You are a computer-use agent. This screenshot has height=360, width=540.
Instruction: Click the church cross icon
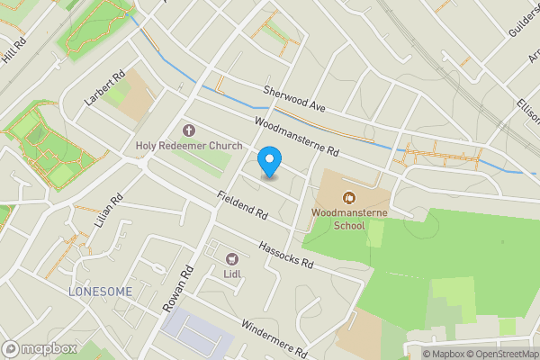coord(188,130)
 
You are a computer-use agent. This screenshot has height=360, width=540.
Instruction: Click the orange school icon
coord(349,195)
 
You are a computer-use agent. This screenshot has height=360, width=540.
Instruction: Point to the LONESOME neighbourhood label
coord(99,292)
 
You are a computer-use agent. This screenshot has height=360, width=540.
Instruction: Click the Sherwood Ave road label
coord(293,98)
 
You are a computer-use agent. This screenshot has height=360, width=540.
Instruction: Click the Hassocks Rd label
coord(284,256)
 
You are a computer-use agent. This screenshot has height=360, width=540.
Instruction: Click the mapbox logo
coord(40,348)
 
